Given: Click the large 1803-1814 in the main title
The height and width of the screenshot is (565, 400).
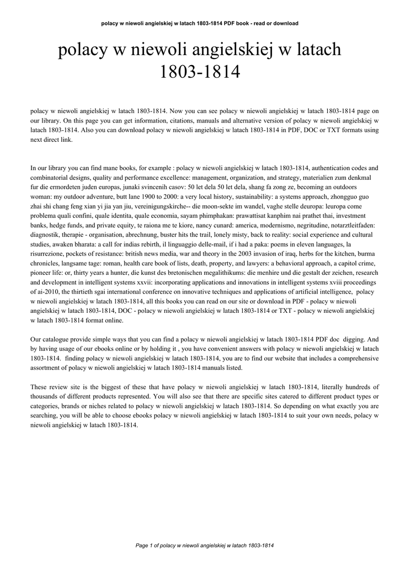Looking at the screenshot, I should tap(200, 72).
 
